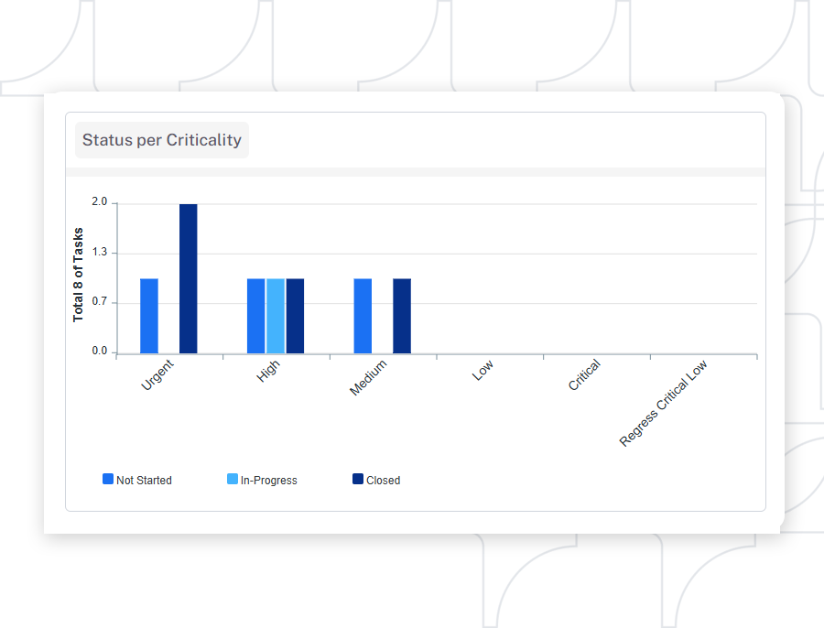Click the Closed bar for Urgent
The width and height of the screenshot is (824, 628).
[188, 278]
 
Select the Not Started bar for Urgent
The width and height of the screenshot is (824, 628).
[149, 316]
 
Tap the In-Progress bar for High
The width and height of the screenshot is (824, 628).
[276, 316]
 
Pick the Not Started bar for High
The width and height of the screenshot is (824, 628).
[256, 316]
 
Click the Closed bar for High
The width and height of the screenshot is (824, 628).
[295, 316]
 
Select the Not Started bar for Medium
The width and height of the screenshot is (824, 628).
[363, 316]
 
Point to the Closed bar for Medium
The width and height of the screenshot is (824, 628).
[402, 316]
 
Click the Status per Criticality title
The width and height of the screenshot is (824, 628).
[162, 140]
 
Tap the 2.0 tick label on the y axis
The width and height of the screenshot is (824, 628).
[99, 202]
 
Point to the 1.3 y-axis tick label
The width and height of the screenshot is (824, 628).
[99, 252]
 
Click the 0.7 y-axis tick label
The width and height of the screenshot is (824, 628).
[99, 301]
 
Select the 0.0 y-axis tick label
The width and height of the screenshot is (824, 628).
[99, 352]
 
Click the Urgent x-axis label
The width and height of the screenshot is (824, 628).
[157, 375]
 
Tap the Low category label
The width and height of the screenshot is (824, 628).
[482, 371]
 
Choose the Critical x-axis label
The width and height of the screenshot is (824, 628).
[584, 375]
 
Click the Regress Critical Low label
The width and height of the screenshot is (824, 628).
[664, 403]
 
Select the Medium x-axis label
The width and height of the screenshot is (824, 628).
[368, 377]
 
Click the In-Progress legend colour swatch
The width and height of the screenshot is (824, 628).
[233, 479]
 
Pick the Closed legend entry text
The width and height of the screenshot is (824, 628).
[383, 480]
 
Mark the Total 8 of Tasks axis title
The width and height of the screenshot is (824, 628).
[79, 274]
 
